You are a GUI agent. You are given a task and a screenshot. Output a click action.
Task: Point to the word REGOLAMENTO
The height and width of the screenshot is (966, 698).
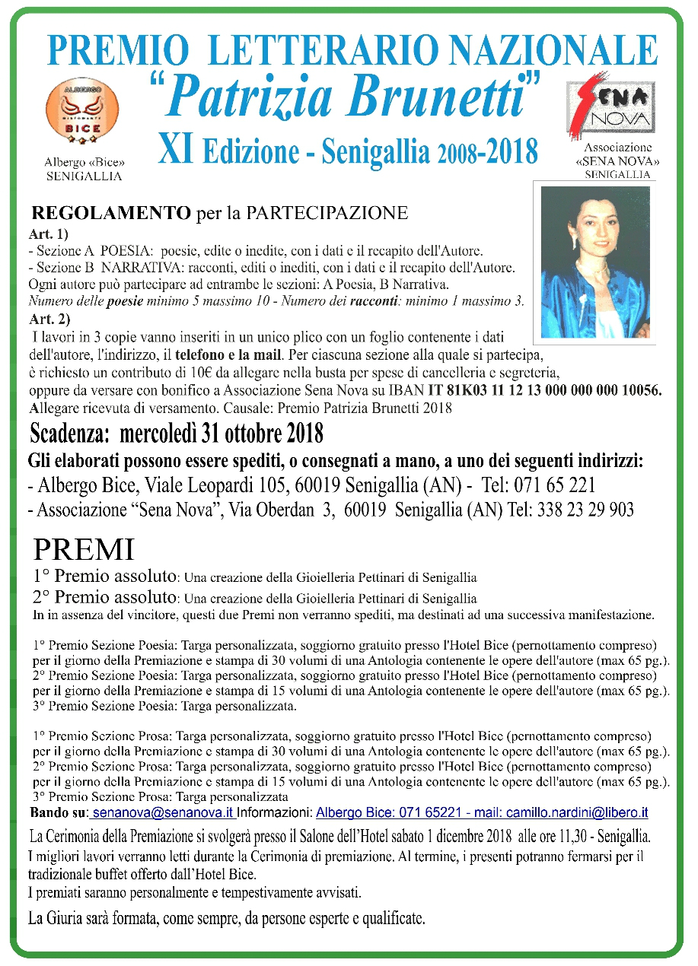point(111,213)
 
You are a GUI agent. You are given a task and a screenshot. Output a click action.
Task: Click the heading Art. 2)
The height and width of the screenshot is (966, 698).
point(49,318)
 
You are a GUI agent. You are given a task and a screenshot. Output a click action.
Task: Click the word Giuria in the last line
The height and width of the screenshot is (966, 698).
point(74,918)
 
